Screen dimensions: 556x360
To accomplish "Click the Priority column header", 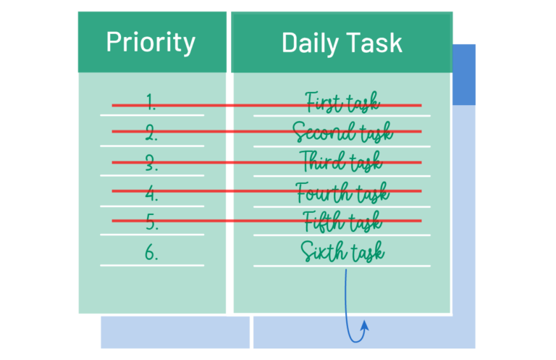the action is pos(151,43).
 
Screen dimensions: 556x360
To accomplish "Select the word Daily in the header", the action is pos(310,43).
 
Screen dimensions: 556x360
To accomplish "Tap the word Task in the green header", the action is pos(374,43).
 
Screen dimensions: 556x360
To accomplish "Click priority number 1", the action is pos(151,102).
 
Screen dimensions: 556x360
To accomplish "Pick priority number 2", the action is pos(151,133).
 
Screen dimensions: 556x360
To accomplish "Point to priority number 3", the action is pos(151,163).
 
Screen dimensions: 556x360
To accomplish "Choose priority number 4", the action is pos(151,193).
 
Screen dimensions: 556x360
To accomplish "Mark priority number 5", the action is pos(152,222).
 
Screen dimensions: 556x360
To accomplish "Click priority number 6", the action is pos(151,253).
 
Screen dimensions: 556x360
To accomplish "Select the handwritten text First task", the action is pos(342,102).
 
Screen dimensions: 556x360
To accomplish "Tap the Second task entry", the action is pos(342,132).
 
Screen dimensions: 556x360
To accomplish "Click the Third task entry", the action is pos(341,162).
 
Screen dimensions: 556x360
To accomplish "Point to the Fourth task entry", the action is pos(342,193).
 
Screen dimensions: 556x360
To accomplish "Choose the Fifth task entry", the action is pos(342,222).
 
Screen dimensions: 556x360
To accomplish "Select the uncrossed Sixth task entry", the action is pos(342,251).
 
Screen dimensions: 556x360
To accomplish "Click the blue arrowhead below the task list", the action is pos(365,326).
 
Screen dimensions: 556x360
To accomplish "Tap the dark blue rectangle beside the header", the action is pos(464,75).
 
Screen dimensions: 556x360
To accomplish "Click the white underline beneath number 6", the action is pos(152,265).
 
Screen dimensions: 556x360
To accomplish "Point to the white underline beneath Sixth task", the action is pos(342,266).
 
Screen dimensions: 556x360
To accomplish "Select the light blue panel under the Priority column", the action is pos(175,332).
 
